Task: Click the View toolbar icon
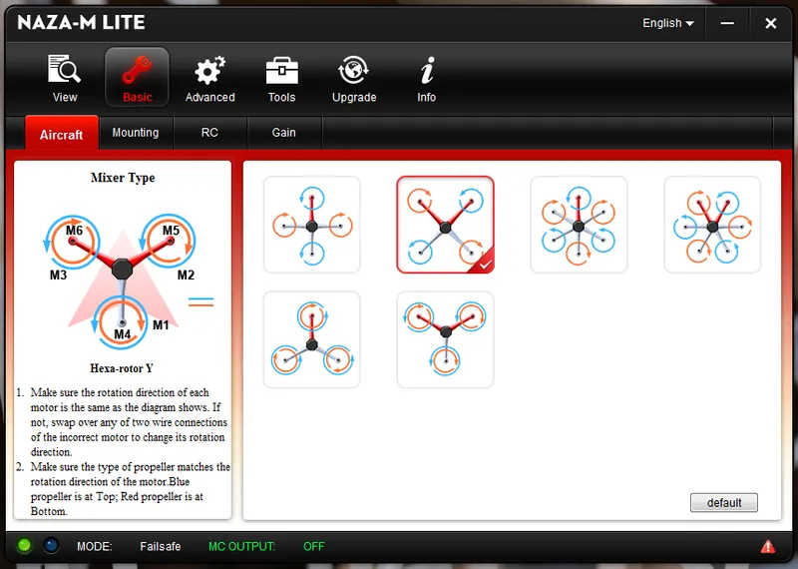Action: (x=65, y=72)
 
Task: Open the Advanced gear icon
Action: (x=209, y=72)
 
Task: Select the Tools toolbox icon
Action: (x=281, y=72)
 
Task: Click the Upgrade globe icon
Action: (x=354, y=72)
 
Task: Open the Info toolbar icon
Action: (x=427, y=72)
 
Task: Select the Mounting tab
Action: (x=136, y=133)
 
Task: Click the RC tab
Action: (x=209, y=133)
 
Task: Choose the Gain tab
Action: (x=284, y=133)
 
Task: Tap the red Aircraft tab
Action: (x=62, y=134)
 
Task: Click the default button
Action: (x=724, y=502)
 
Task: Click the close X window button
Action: (x=770, y=23)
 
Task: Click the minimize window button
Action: (x=730, y=23)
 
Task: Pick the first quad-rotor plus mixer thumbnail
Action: (x=311, y=225)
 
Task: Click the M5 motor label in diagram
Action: (x=171, y=231)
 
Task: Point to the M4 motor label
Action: (x=122, y=334)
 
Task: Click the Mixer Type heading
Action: (x=123, y=178)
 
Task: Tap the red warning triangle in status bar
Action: (x=768, y=546)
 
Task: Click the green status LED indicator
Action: (x=25, y=546)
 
